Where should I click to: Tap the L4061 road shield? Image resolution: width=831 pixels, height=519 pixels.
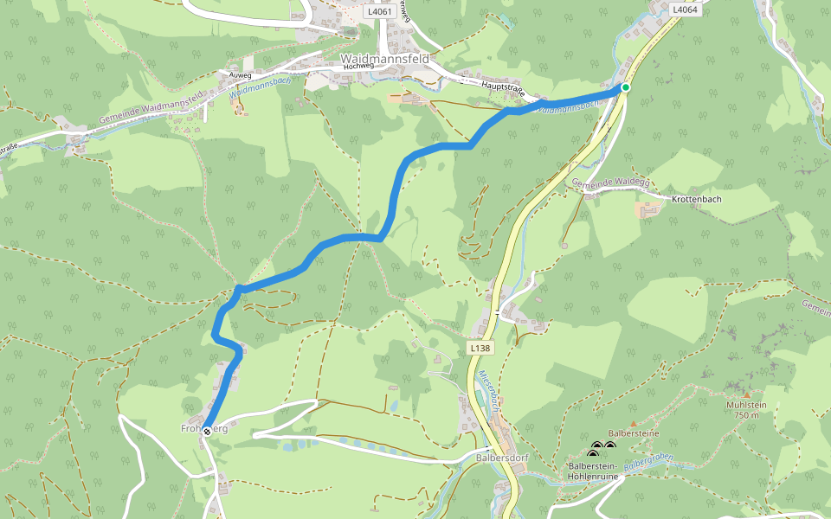tap(382, 12)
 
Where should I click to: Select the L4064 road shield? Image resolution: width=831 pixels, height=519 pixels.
tap(685, 10)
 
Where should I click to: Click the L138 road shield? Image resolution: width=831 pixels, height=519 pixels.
tap(480, 348)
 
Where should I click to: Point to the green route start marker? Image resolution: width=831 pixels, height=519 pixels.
tap(625, 87)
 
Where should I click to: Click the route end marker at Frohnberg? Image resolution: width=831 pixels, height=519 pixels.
tap(206, 429)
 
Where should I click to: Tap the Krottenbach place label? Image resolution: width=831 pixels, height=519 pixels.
tap(696, 198)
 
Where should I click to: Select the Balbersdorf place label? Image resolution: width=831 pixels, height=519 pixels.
tap(503, 457)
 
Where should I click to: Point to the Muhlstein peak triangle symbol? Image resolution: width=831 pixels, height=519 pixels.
tap(747, 394)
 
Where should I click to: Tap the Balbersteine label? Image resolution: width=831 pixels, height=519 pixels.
tap(634, 432)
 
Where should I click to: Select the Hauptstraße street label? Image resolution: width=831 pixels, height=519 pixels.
tap(505, 90)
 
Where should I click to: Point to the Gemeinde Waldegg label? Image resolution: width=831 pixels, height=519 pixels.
tap(609, 182)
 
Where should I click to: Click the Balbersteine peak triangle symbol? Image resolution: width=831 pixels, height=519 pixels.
tap(633, 422)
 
